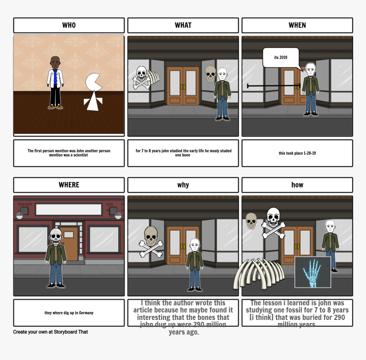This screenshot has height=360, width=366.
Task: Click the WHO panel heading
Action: (69, 25)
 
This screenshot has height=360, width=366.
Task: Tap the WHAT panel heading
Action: (183, 25)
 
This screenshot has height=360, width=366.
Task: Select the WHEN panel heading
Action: (297, 25)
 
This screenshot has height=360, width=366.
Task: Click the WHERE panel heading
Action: (69, 185)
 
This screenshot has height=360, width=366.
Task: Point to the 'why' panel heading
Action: (183, 185)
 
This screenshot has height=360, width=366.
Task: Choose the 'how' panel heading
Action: (297, 185)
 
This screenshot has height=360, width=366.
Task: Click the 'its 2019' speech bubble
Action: (281, 58)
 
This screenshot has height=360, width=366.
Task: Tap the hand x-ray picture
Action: (313, 272)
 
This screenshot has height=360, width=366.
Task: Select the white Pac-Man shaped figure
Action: (94, 92)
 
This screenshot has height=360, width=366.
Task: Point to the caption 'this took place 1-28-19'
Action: (297, 153)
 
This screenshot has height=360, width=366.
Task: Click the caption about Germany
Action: (69, 313)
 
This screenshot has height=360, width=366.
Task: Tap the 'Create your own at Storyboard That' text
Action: (51, 332)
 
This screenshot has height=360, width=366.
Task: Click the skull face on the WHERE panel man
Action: (56, 235)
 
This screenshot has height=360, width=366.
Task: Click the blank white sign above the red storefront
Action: (69, 209)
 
